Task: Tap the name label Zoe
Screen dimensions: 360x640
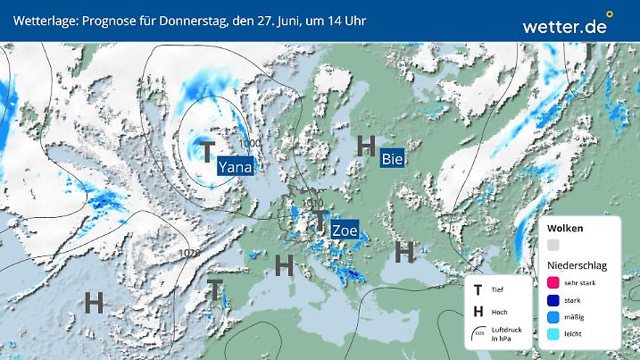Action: (x=344, y=230)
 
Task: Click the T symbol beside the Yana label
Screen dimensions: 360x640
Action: (x=206, y=150)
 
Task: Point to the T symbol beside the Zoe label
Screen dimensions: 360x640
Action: (x=318, y=220)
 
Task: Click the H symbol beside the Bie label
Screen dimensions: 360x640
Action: (x=365, y=147)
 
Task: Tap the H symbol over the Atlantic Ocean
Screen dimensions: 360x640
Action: (x=93, y=303)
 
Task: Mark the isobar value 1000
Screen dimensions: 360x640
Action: (x=250, y=143)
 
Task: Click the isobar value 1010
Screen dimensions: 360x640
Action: (x=312, y=203)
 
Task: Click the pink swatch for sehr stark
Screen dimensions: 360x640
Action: (x=553, y=282)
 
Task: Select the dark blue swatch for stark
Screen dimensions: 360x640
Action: (x=553, y=300)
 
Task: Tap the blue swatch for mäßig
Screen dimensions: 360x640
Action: (x=553, y=317)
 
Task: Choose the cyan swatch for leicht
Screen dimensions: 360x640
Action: (x=553, y=335)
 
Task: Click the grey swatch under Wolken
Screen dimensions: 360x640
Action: (x=553, y=245)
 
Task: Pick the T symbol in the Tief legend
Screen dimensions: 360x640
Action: (x=478, y=289)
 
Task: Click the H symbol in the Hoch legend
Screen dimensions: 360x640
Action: (x=478, y=311)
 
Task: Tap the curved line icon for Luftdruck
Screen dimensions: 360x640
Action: (x=479, y=332)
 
